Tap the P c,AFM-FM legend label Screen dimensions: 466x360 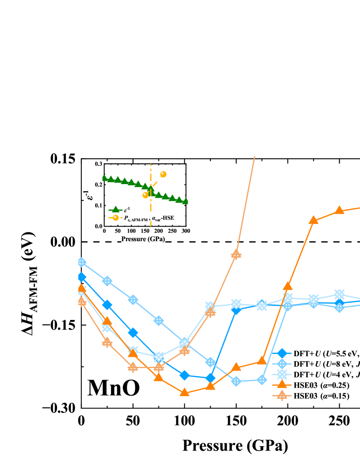pyautogui.click(x=135, y=218)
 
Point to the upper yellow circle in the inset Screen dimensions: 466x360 pyautogui.click(x=163, y=174)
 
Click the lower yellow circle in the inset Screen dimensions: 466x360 pyautogui.click(x=145, y=195)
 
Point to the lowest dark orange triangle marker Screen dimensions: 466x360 pyautogui.click(x=184, y=392)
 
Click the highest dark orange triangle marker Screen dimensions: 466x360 pyautogui.click(x=339, y=210)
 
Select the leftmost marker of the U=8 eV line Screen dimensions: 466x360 pyautogui.click(x=81, y=262)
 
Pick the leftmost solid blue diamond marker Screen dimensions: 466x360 pyautogui.click(x=81, y=277)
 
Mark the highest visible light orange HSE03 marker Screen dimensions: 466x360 pyautogui.click(x=236, y=254)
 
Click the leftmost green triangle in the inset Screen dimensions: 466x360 pyautogui.click(x=104, y=177)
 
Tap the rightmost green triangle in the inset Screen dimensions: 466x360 pyautogui.click(x=185, y=201)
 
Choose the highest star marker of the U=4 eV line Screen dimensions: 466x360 pyautogui.click(x=339, y=294)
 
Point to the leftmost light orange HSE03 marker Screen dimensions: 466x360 pyautogui.click(x=81, y=301)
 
